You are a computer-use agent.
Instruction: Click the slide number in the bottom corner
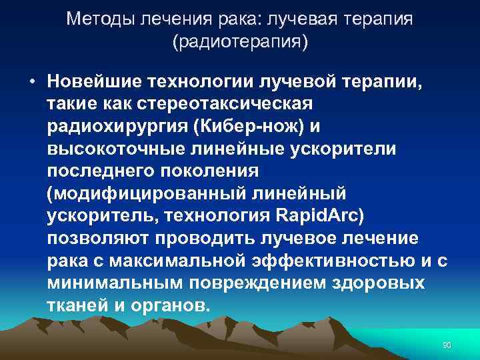(x=447, y=344)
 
